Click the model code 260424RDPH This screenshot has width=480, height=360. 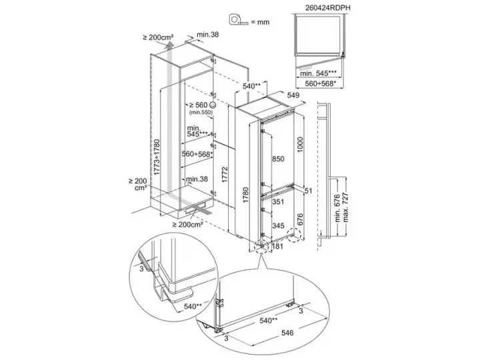[327, 8]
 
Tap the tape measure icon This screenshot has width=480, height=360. [239, 19]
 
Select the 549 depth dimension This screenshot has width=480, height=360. [293, 95]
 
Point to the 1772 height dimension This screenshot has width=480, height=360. [225, 175]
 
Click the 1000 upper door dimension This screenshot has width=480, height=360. [300, 145]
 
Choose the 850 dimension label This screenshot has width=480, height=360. [278, 159]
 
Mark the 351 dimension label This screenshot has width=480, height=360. [278, 202]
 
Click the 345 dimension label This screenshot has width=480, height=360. [278, 226]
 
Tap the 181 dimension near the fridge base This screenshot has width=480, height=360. [277, 246]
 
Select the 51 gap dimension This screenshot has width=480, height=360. [308, 191]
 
